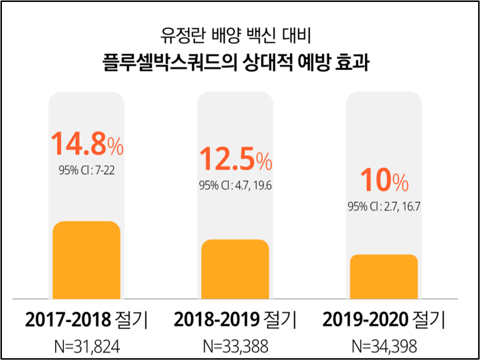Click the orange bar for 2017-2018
point(86,260)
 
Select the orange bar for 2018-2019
point(235,269)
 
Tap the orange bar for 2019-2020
point(383,276)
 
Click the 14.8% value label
point(87,144)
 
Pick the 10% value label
point(383,180)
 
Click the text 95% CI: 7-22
point(86,170)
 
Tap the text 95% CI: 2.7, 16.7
point(383,207)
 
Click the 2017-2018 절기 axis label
point(86,320)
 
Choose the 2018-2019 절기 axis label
point(235,320)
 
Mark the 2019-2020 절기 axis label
point(383,320)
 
